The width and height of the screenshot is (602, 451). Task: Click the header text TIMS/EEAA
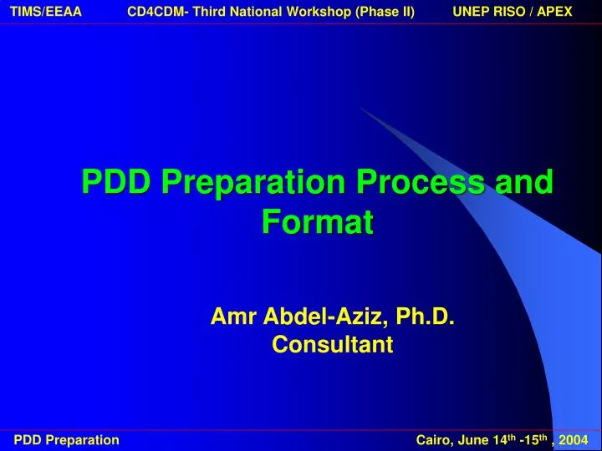coord(46,11)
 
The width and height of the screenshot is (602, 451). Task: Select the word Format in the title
coord(317,222)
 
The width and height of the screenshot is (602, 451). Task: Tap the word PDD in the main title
coord(116,182)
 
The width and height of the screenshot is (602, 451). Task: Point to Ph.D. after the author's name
coord(426,317)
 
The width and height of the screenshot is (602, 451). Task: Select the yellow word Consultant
coord(332,344)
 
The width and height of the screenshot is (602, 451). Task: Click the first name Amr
coord(234,317)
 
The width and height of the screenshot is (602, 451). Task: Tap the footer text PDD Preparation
coord(67,440)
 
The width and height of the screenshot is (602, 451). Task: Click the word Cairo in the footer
coord(432,440)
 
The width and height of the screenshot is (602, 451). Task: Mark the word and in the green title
coord(524,182)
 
